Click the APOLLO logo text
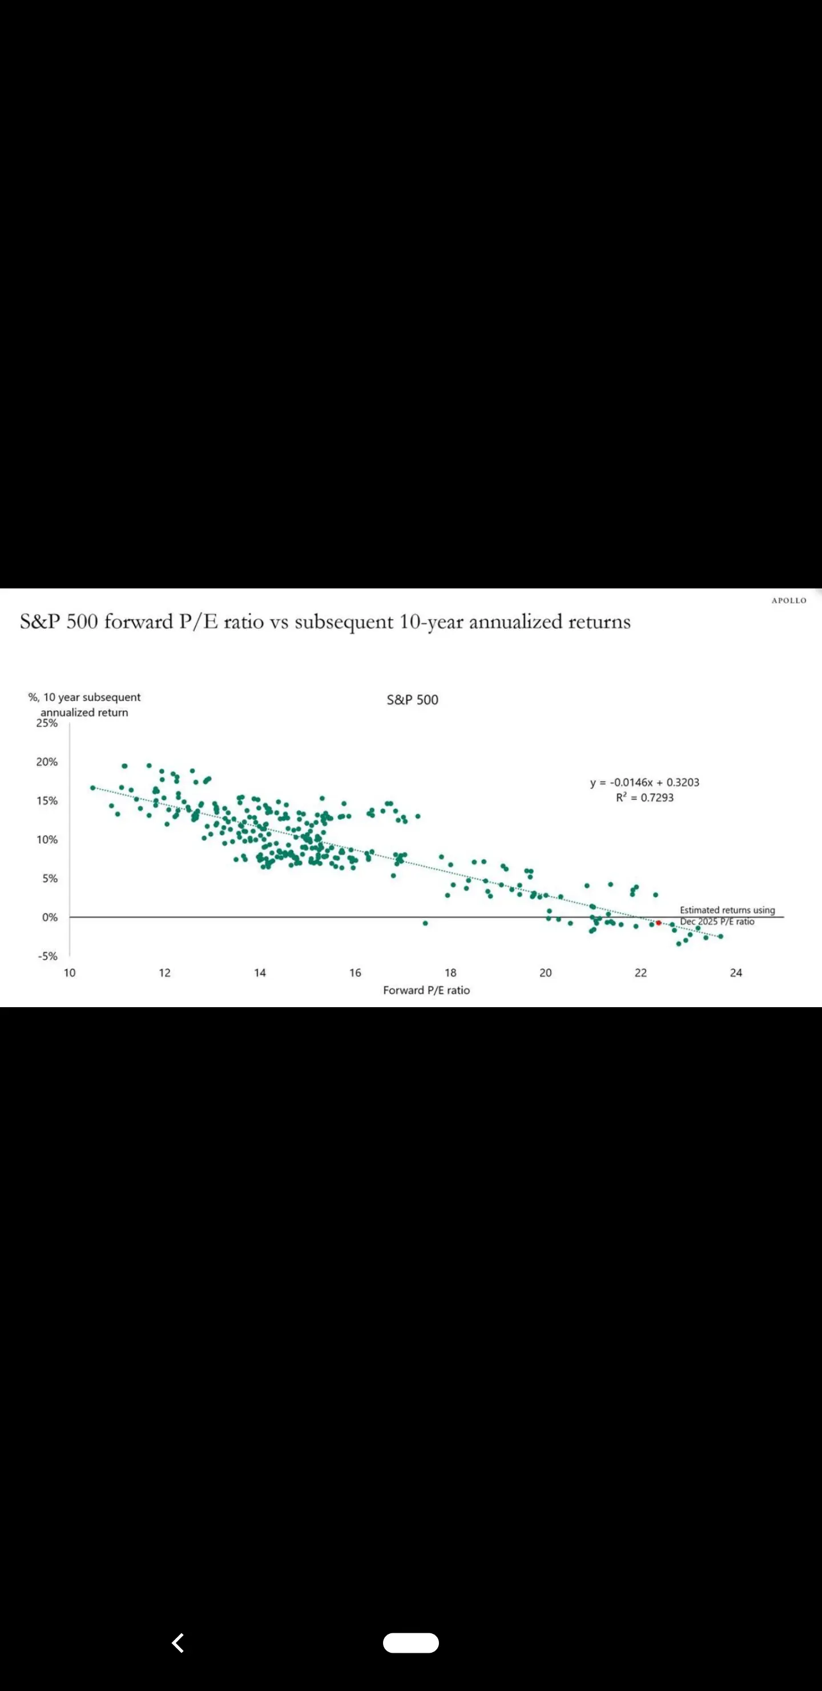(788, 600)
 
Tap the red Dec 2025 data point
(658, 922)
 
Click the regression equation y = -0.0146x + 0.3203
(644, 783)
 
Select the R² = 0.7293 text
(644, 798)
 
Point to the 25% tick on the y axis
(47, 723)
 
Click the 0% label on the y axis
(50, 917)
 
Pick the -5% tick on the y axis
(47, 956)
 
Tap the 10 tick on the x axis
(70, 973)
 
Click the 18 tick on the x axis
(450, 973)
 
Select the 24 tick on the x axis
(735, 973)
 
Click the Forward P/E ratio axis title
(426, 990)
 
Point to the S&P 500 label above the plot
(412, 700)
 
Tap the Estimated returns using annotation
(727, 910)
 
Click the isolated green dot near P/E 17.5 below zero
(425, 923)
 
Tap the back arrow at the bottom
(177, 1642)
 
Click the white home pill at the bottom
(410, 1642)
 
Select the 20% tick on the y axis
(47, 762)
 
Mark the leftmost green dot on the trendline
(92, 788)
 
